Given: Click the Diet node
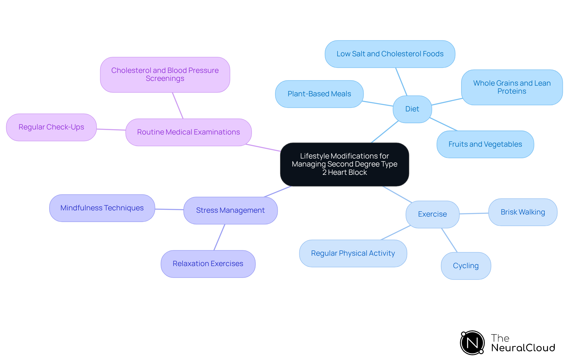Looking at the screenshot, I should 412,109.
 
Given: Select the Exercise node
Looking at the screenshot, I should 432,214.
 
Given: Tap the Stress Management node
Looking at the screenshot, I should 230,210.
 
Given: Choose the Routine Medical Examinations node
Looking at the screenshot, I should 188,132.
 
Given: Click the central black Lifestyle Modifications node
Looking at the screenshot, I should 344,164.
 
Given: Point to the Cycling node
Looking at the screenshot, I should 466,266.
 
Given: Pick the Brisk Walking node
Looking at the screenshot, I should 522,212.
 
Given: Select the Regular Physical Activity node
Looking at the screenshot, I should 353,253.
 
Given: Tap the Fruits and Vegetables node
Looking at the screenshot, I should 485,144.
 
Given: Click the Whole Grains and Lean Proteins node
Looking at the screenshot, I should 512,87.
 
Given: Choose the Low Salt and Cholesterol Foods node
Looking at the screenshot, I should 390,54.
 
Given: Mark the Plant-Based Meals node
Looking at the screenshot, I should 319,94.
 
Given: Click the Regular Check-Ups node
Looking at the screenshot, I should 51,127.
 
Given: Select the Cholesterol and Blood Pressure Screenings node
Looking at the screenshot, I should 165,75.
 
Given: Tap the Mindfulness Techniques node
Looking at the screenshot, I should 102,208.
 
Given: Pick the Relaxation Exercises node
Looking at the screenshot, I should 208,264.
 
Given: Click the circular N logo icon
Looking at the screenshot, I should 472,343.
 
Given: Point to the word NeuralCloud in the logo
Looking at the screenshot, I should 523,348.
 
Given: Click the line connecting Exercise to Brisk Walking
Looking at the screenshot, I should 474,213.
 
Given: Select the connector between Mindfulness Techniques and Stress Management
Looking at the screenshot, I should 169,209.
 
